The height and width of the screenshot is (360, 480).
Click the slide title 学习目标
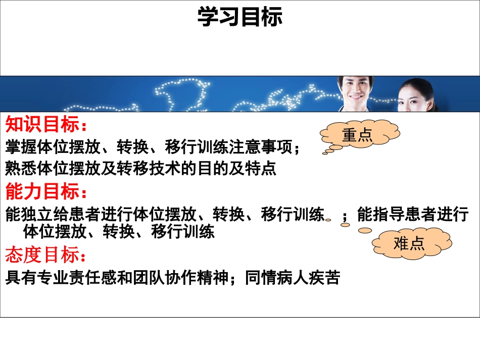click(x=239, y=17)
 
